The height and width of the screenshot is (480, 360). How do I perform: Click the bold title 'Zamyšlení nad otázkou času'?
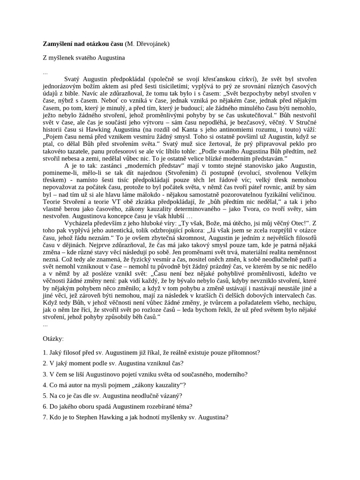pos(83,44)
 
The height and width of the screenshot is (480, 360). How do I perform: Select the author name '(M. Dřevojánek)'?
pos(148,44)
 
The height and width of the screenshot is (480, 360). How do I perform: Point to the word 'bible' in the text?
pos(73,93)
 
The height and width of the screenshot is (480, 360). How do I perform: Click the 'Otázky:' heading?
pos(53,338)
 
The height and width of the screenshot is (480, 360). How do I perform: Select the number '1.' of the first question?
pos(45,352)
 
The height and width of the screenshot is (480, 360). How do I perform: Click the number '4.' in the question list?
pos(45,385)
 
